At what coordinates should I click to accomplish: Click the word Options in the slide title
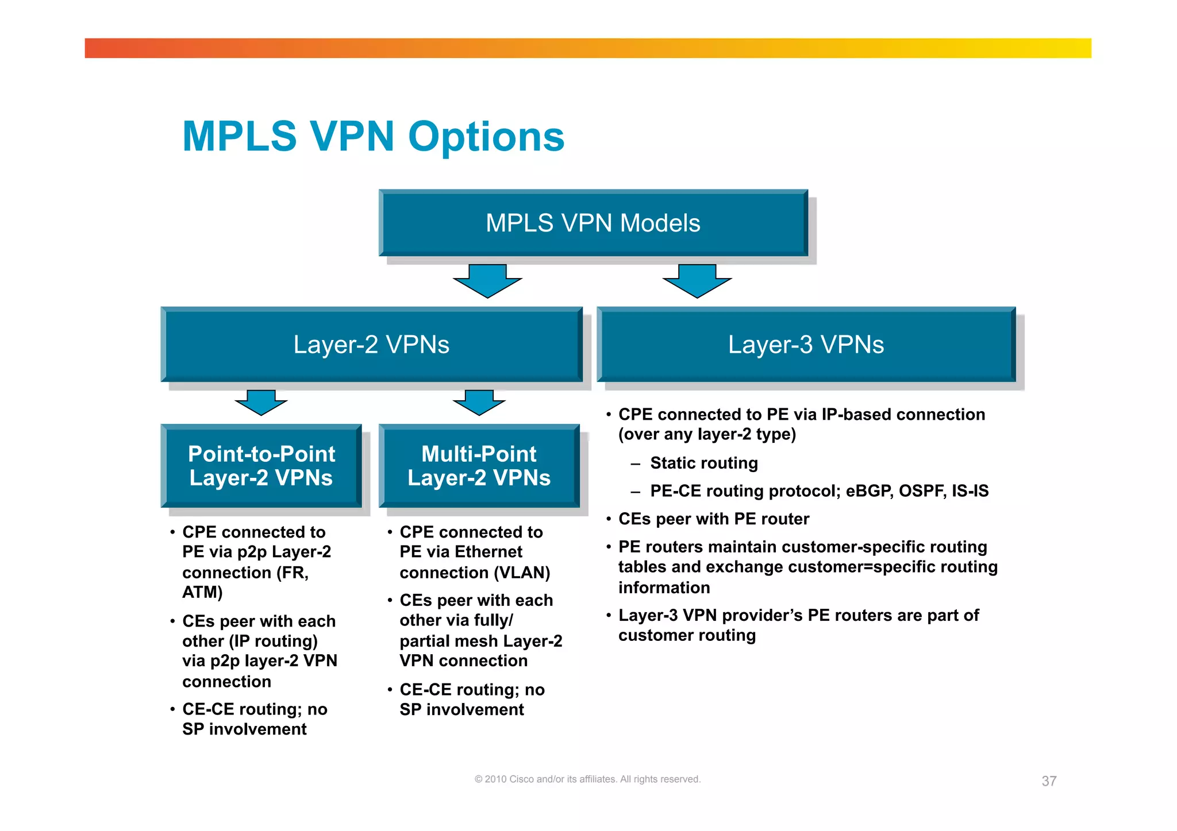pos(486,137)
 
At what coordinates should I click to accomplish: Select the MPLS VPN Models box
pos(593,223)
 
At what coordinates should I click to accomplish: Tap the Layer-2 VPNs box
pos(371,345)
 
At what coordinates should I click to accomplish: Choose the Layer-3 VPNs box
pos(806,345)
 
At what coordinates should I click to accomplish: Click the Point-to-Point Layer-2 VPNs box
pos(261,466)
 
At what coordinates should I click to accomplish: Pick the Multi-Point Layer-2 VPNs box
pos(479,466)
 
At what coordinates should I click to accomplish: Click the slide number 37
pos(1049,781)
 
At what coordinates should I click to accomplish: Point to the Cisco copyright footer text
pos(587,779)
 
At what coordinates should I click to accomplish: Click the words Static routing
pos(704,463)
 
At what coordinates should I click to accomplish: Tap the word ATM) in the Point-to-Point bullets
pos(202,592)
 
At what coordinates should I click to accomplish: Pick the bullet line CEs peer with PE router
pos(713,519)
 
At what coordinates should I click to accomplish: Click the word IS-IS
pos(970,491)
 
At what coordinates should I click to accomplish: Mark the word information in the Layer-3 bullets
pos(664,588)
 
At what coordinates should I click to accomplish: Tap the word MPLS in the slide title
pos(240,137)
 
